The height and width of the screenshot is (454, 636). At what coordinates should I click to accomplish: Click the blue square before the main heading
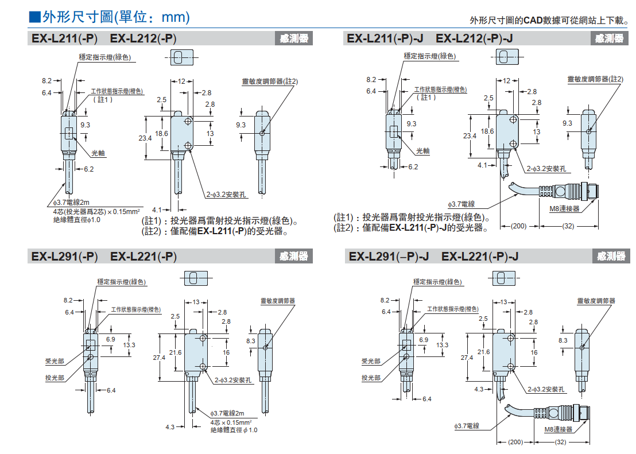pos(34,17)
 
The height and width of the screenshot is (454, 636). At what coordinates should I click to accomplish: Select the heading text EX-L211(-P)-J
pos(385,38)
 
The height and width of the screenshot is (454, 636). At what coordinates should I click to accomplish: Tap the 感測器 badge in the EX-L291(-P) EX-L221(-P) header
pos(294,256)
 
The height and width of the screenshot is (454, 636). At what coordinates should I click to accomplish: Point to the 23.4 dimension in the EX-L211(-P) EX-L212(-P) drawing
pos(145,138)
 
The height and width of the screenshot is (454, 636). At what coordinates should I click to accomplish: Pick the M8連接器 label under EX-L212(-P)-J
pos(564,208)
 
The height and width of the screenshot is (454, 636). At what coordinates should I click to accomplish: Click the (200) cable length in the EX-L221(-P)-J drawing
pos(516,443)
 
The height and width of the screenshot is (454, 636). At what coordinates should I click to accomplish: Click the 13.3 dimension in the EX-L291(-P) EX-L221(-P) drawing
pos(129,345)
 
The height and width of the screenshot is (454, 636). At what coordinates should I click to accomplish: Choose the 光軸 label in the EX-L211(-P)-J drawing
pos(422,151)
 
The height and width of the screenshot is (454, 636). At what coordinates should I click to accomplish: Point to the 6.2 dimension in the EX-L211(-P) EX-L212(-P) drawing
pos(89,169)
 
